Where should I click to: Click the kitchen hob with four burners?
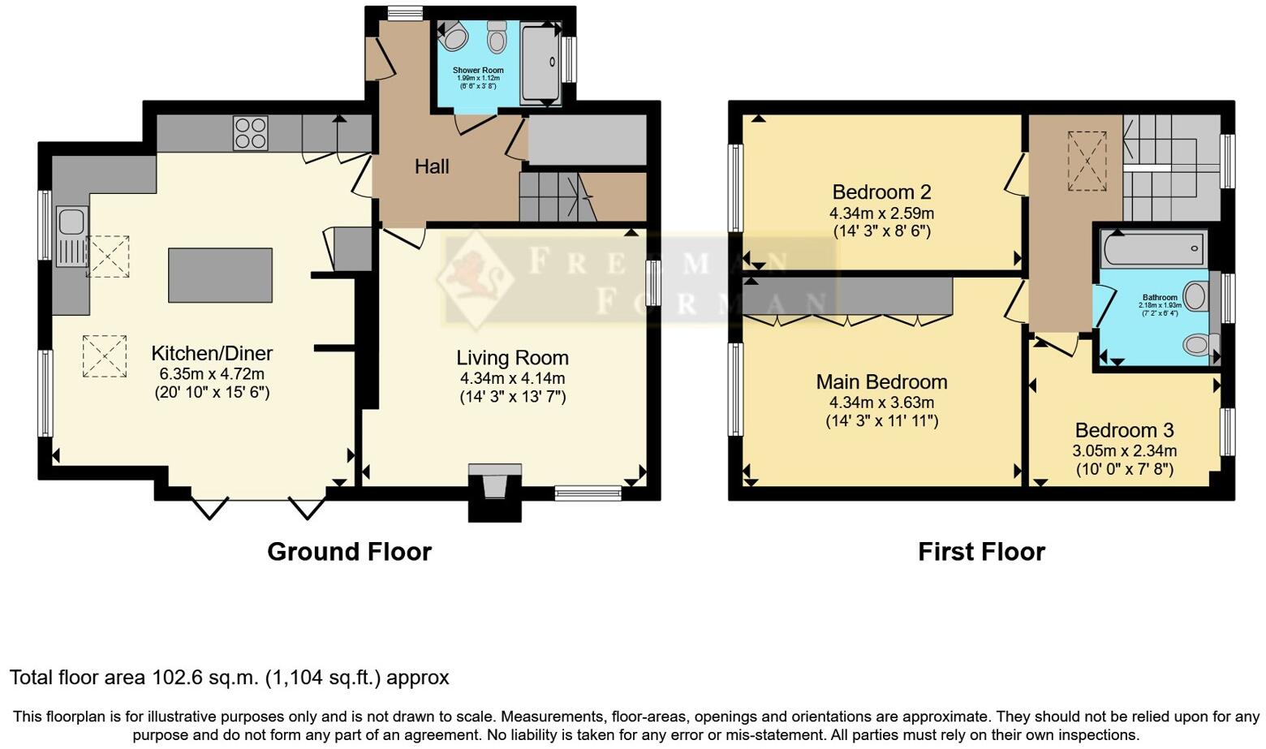[x=251, y=134]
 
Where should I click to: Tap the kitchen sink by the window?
[x=71, y=222]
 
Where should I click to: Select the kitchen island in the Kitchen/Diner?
[x=220, y=275]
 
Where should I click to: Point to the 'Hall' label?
[x=432, y=167]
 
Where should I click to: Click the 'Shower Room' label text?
[x=478, y=71]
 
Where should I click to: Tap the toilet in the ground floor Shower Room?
[x=497, y=37]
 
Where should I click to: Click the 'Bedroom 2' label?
[x=881, y=192]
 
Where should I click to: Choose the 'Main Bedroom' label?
[x=881, y=382]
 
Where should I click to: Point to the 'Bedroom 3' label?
[x=1124, y=430]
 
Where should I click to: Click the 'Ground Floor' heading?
[x=349, y=552]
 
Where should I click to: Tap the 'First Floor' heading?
[x=981, y=552]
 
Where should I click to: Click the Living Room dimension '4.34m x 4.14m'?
[x=512, y=378]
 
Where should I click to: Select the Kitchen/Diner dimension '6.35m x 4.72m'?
[x=212, y=374]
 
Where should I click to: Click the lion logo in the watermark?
[x=476, y=276]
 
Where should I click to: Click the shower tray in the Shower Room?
[x=540, y=65]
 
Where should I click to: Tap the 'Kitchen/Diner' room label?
[x=212, y=354]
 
